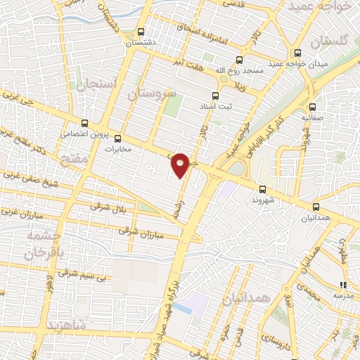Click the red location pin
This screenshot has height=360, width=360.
pos(181,165)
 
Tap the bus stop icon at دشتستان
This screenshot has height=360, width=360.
pos(141,32)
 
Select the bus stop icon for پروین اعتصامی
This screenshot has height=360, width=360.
pos(84,122)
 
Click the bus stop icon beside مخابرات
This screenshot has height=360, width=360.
pos(117,139)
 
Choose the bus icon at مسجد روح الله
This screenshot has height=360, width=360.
pos(239,60)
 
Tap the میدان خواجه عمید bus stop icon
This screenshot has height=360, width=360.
pos(298,53)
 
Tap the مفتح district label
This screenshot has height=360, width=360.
pos(75,159)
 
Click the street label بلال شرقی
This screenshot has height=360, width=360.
pos(110,207)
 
